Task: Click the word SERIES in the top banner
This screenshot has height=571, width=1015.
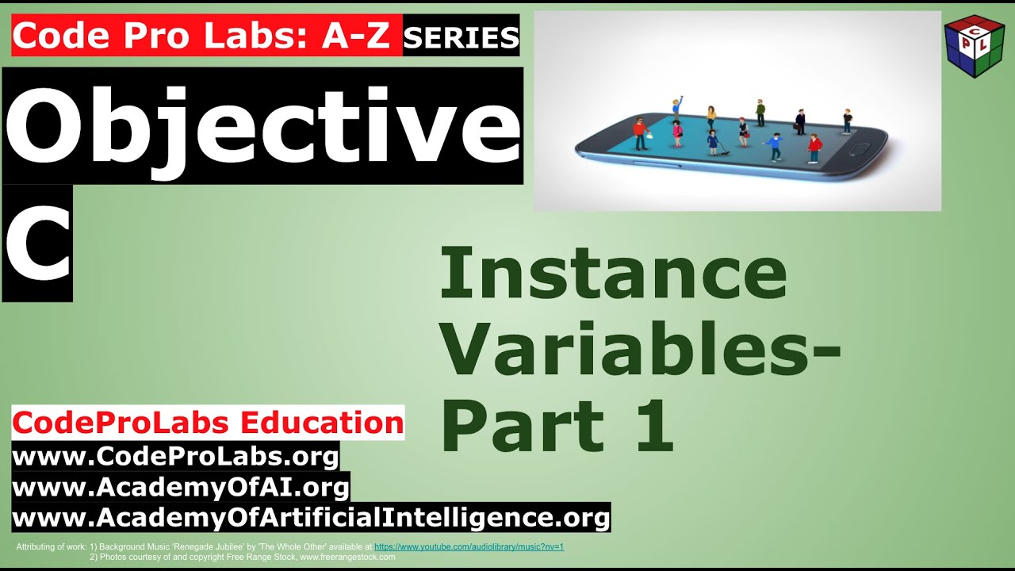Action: coord(461,36)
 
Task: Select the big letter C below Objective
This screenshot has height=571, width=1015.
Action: coord(38,243)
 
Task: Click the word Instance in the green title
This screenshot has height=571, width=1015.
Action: coord(612,274)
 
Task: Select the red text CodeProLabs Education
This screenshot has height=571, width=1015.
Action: coord(208,423)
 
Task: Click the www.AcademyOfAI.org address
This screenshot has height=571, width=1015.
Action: coord(181,486)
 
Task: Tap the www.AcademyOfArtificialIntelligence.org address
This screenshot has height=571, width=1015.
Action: coord(311,518)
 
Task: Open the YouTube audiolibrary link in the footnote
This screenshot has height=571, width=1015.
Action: coord(469,547)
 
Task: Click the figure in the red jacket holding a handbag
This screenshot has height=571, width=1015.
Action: coord(641,133)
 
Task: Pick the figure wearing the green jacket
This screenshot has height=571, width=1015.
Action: coord(760,113)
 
